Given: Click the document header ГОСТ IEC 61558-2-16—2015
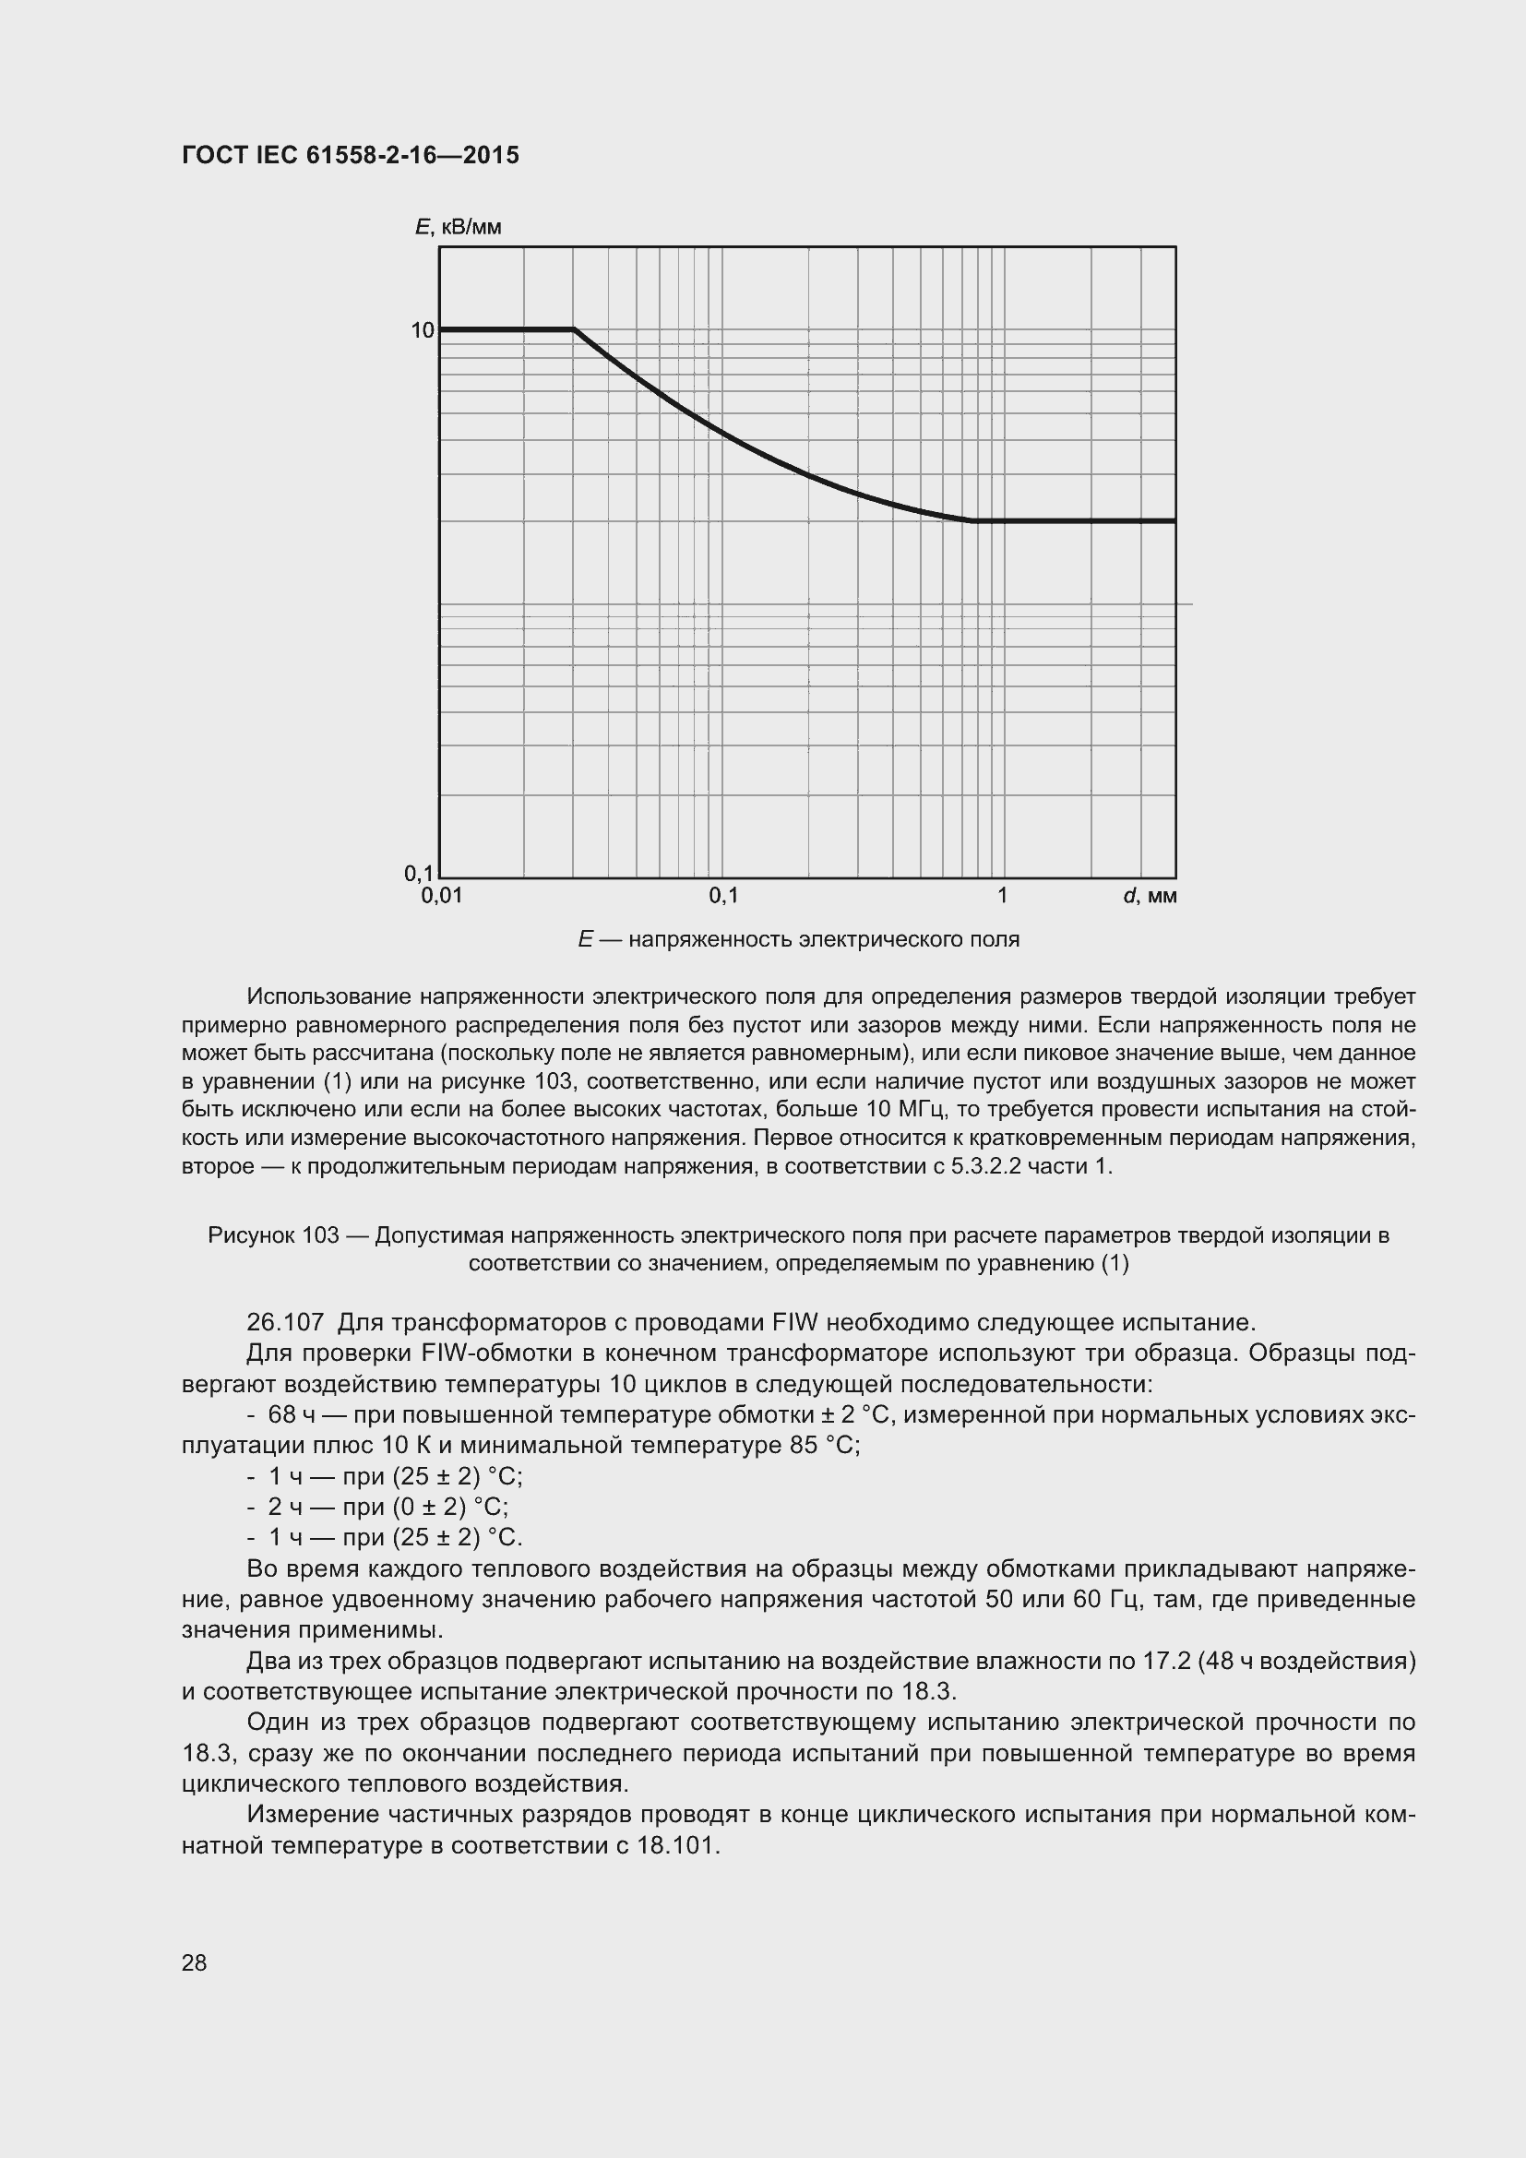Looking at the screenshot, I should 350,156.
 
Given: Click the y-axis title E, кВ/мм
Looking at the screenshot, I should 458,228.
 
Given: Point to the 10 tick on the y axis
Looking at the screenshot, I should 422,330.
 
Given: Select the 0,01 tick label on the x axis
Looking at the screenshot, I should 442,896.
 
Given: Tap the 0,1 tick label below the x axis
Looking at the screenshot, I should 723,896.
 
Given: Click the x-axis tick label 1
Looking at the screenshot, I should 1003,896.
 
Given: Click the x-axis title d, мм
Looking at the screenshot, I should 1150,896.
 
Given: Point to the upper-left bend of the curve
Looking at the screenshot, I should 574,330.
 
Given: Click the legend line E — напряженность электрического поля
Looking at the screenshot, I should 799,939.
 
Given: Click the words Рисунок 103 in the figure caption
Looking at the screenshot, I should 273,1235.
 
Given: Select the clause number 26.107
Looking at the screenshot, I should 285,1322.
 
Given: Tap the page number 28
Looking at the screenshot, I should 195,1962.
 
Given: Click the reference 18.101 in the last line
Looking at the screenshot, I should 676,1845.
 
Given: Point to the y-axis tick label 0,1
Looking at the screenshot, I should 419,873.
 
